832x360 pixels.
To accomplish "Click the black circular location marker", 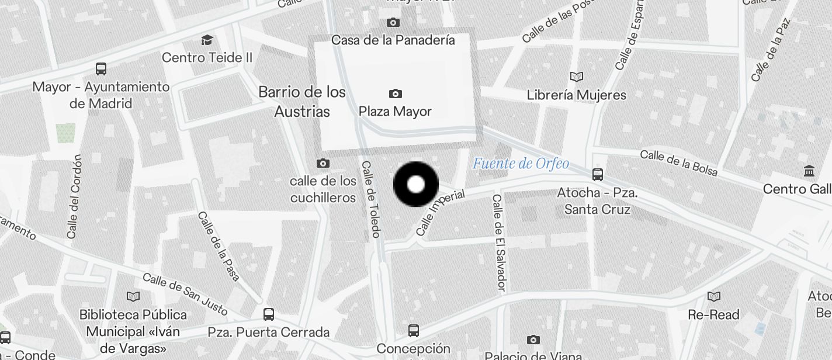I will click(416, 185).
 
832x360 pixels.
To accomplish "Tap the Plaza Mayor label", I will click(395, 111).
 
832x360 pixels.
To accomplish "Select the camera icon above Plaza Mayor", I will click(396, 94).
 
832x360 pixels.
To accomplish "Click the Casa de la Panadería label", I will click(393, 40).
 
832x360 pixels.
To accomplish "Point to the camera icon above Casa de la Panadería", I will click(393, 23).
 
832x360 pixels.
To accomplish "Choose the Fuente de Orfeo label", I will click(521, 164).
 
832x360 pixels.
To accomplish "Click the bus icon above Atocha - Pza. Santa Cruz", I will click(597, 174).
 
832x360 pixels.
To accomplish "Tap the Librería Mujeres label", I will click(576, 95).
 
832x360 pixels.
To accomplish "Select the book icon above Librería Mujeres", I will click(577, 77).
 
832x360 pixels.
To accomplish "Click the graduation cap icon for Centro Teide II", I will click(207, 40).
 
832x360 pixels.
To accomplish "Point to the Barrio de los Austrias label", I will click(302, 102).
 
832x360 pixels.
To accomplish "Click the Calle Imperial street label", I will click(439, 212).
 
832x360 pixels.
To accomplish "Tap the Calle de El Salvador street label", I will click(498, 243).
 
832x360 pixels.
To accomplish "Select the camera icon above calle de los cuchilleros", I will click(323, 164).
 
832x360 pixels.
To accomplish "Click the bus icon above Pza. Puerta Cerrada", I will click(269, 314).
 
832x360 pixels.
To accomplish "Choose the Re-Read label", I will click(713, 314).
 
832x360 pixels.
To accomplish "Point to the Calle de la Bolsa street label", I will click(678, 162).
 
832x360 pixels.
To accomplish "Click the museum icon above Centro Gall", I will click(810, 171).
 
